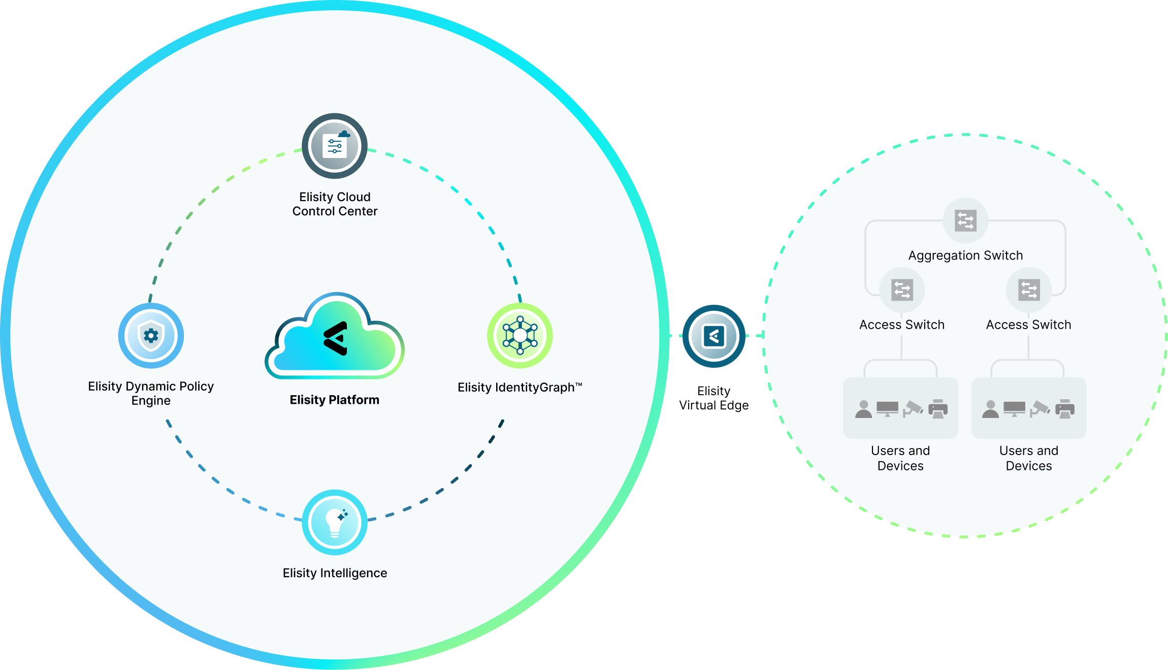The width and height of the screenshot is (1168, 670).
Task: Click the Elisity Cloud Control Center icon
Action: click(x=335, y=146)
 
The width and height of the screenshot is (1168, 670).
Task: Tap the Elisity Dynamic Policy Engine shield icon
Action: click(x=151, y=336)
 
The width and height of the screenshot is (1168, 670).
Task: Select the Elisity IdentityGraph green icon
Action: click(x=520, y=336)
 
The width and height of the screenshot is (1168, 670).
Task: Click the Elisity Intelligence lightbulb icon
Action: click(x=335, y=522)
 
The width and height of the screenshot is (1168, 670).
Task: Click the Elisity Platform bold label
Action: click(x=335, y=400)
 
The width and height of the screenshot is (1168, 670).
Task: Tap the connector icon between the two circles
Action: click(x=713, y=336)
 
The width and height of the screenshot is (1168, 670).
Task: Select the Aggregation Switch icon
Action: click(x=965, y=220)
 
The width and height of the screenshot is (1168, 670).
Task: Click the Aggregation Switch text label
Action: click(x=965, y=256)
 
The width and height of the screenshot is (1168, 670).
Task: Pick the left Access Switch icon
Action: click(x=902, y=290)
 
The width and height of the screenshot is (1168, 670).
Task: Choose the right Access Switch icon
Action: click(x=1029, y=290)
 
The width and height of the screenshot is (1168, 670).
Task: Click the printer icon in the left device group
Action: click(x=938, y=409)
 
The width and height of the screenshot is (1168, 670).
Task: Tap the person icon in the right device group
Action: click(x=990, y=409)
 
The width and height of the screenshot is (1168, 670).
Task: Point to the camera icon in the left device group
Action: click(x=913, y=409)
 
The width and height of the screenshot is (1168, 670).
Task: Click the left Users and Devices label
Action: click(x=900, y=458)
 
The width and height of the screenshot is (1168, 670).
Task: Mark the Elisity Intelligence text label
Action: click(x=335, y=573)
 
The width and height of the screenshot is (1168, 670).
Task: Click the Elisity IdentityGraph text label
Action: click(x=520, y=388)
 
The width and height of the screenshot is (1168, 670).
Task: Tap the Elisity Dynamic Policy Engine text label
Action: click(x=151, y=393)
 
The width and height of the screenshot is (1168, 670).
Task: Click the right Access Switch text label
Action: click(x=1028, y=325)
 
